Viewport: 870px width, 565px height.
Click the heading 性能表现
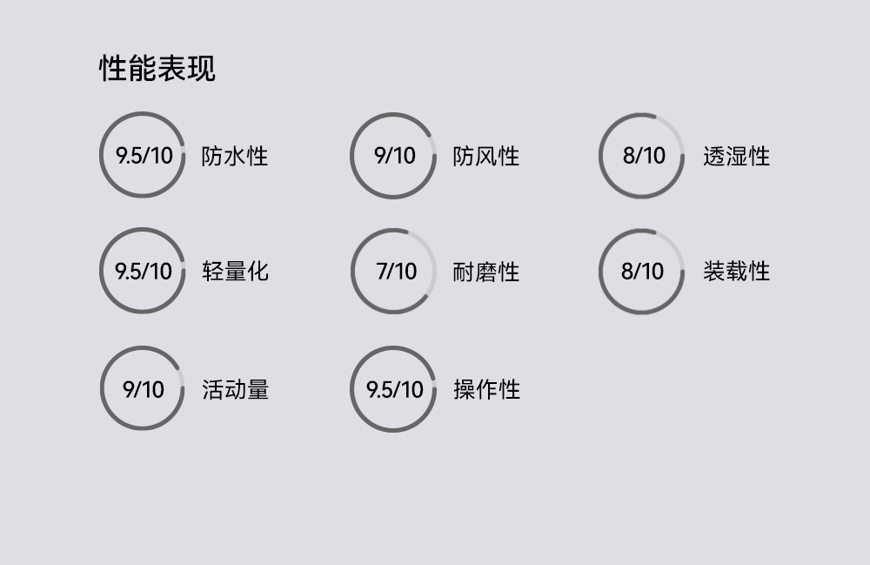(x=157, y=68)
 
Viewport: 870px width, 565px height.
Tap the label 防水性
(x=235, y=157)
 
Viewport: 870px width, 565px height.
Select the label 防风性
(x=486, y=157)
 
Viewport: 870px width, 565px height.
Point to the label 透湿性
(x=737, y=157)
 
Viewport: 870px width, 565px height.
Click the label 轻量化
(x=235, y=272)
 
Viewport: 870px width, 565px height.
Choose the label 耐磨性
(x=486, y=272)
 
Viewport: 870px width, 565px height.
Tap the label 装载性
(x=737, y=272)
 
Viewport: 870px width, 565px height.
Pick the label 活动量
(x=235, y=389)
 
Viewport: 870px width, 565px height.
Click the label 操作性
(x=486, y=389)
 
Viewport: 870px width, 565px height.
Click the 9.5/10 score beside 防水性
(x=144, y=156)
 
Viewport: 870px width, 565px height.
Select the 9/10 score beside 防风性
(x=394, y=156)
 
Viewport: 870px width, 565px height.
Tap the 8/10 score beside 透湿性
(x=644, y=156)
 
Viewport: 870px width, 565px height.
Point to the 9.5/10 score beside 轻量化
(x=144, y=271)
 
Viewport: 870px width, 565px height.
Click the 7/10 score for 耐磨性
(x=396, y=271)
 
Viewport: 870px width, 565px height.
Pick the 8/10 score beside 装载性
(x=642, y=271)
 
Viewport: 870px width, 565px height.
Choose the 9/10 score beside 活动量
(x=143, y=389)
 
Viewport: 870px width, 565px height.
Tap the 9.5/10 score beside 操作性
(x=394, y=389)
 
